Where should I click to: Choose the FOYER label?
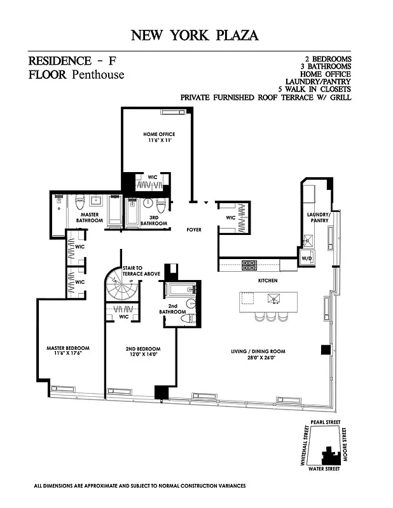[x=193, y=229]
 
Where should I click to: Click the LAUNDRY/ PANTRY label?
[x=317, y=218]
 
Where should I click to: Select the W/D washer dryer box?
[x=307, y=259]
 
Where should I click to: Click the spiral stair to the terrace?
[x=121, y=289]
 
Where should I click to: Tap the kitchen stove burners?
[x=249, y=265]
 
